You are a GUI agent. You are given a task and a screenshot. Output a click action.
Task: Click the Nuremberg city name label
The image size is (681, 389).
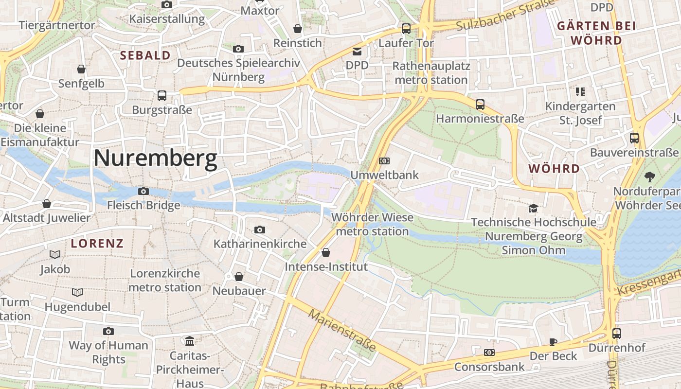point(155,159)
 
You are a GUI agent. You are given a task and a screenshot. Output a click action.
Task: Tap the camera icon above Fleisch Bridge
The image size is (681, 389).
point(143,191)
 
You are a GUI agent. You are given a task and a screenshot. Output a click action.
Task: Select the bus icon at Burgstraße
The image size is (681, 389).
point(162,96)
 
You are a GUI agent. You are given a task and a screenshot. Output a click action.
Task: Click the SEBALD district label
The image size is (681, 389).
point(145,55)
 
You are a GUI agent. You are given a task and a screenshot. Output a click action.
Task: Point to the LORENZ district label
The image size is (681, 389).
point(97,244)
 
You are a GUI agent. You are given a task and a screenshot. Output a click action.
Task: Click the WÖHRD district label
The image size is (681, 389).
point(554,169)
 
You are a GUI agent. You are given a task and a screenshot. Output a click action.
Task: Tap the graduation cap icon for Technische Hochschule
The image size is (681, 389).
point(534,208)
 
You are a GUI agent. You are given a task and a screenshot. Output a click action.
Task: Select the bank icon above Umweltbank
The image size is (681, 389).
point(384,161)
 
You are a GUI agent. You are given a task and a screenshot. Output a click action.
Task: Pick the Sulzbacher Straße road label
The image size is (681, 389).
point(506,16)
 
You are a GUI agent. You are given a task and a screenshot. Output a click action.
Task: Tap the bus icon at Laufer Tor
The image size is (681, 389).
point(406,29)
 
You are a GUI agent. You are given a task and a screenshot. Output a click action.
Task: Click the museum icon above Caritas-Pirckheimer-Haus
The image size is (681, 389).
point(190,341)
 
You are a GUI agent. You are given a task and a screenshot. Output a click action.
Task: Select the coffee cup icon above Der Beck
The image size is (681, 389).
point(553,342)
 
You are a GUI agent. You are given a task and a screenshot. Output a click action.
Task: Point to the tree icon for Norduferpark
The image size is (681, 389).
point(649,177)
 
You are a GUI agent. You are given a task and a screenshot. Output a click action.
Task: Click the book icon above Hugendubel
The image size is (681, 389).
point(77,292)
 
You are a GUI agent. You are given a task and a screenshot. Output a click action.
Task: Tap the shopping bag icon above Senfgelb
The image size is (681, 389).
point(81,69)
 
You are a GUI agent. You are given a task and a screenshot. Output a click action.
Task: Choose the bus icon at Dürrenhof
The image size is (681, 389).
point(616,334)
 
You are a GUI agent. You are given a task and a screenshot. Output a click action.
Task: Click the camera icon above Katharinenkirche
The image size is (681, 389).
point(260,230)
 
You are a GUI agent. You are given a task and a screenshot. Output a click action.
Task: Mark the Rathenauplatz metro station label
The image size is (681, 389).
point(431,72)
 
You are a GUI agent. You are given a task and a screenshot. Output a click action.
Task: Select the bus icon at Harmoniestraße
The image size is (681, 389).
point(480,104)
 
